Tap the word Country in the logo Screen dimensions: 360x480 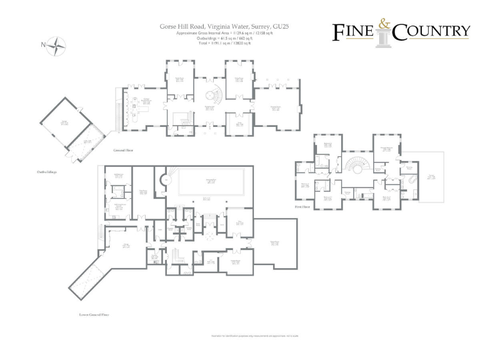[x=431, y=31]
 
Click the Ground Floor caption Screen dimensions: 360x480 [x=123, y=151]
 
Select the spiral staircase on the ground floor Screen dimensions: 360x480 [x=214, y=96]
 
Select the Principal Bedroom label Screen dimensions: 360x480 [x=387, y=148]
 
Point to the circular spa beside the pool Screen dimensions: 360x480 [x=164, y=181]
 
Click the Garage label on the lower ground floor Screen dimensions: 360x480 [x=125, y=246]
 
